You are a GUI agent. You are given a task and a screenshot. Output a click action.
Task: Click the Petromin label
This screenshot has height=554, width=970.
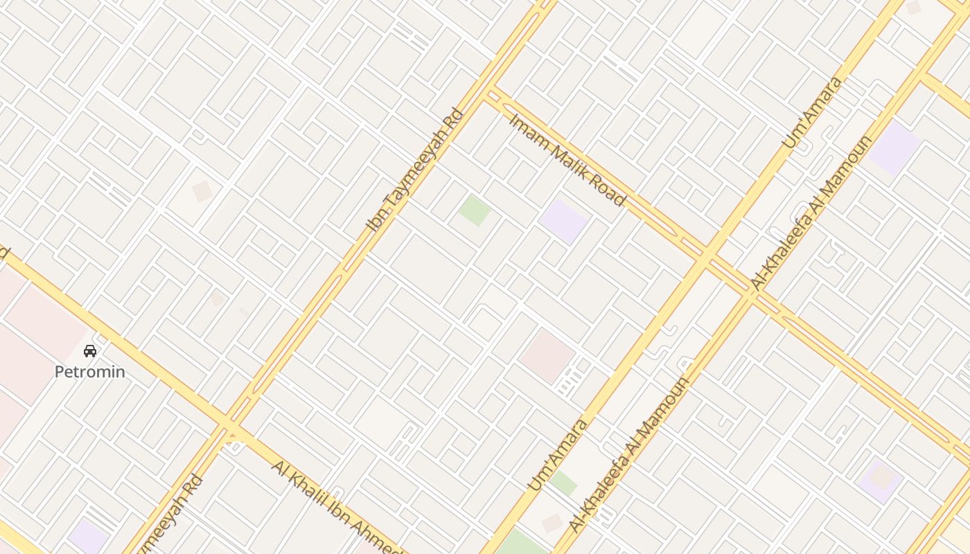(x=90, y=372)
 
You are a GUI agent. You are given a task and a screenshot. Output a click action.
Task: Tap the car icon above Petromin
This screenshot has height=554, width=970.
(x=90, y=351)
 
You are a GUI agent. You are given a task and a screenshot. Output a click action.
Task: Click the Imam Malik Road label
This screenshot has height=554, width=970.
(x=567, y=160)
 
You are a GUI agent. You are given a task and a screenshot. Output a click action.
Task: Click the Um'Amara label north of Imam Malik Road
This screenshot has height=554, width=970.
(x=813, y=112)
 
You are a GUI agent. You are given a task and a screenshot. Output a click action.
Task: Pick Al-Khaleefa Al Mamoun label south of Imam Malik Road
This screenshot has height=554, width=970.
(x=629, y=454)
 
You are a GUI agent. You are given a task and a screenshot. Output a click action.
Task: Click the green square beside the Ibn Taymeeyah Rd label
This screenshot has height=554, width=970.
(x=475, y=210)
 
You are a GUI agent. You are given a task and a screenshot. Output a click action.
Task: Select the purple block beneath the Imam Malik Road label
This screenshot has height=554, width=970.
(x=564, y=221)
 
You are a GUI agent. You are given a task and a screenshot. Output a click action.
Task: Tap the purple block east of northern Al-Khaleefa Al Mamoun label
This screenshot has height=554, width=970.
(x=894, y=148)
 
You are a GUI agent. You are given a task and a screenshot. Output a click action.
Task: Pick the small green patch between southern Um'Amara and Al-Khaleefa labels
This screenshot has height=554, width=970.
(x=563, y=483)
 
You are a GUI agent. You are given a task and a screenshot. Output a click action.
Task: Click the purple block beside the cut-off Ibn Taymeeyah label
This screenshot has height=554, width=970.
(x=88, y=537)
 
